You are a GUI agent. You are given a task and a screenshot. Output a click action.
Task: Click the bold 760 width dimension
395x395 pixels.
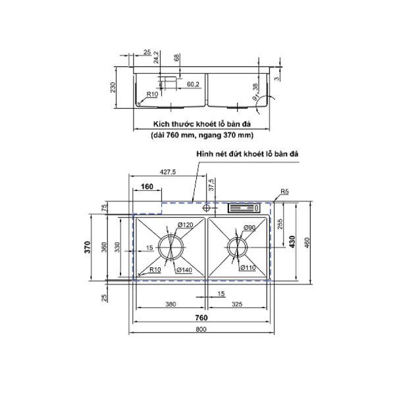201,317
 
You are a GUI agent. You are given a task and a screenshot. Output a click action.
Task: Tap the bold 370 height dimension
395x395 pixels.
95,247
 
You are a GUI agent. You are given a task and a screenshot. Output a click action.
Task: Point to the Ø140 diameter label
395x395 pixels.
184,269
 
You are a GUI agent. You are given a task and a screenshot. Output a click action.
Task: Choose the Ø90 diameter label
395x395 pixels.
250,228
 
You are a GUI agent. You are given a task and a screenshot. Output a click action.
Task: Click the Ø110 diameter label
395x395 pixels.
248,267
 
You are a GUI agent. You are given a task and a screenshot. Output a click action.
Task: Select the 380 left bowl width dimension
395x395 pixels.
171,305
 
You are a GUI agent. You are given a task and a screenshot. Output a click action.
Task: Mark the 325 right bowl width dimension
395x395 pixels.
238,305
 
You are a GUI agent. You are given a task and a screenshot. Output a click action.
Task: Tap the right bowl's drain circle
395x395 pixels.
237,248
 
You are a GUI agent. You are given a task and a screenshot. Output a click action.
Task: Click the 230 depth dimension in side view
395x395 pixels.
113,88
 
